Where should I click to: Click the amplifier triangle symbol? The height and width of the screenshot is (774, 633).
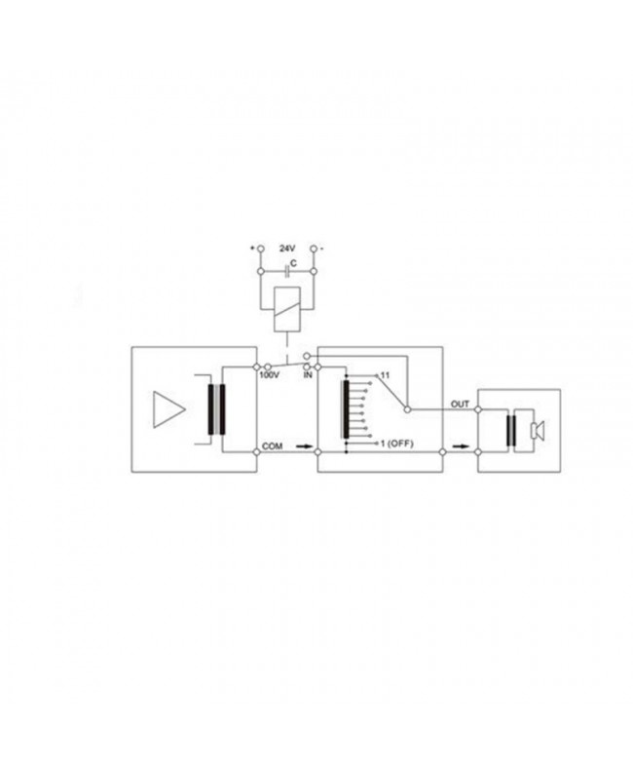point(168,409)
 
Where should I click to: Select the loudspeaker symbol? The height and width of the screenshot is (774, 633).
point(537,431)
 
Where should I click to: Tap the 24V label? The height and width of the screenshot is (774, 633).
point(287,250)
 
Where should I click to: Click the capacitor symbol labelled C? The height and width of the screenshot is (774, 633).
point(287,271)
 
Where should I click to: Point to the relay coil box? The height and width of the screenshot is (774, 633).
point(287,308)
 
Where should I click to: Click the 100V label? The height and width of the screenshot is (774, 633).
point(269,375)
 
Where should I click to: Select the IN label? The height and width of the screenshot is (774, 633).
point(308,375)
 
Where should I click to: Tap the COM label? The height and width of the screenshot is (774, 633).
point(273,446)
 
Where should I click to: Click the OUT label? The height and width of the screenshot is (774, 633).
point(460,405)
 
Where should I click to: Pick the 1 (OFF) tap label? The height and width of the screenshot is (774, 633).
point(397,444)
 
